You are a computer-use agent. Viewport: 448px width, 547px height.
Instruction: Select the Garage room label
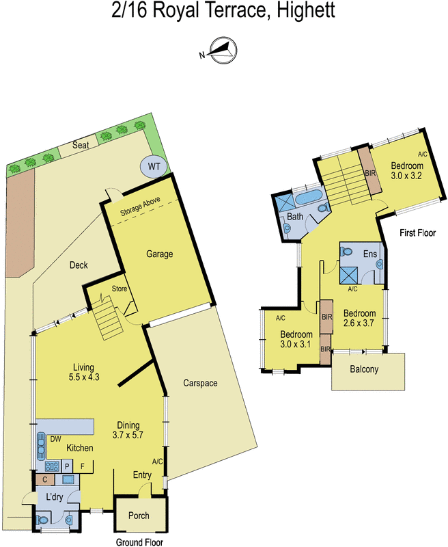pyautogui.click(x=159, y=254)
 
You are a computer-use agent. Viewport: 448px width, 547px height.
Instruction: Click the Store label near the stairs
pyautogui.click(x=120, y=289)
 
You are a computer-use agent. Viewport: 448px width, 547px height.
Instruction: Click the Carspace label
pyautogui.click(x=200, y=384)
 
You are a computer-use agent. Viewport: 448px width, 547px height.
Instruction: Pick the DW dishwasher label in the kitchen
pyautogui.click(x=55, y=440)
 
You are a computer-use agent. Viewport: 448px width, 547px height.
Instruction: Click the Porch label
pyautogui.click(x=138, y=516)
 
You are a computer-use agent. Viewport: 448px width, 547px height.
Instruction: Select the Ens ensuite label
pyautogui.click(x=369, y=254)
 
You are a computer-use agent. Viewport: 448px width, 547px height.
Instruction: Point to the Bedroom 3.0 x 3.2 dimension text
pyautogui.click(x=407, y=171)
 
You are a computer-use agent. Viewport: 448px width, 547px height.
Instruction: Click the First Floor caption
pyautogui.click(x=417, y=233)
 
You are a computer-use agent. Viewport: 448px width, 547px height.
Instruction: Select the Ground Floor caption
pyautogui.click(x=140, y=540)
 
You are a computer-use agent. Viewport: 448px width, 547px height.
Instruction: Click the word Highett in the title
pyautogui.click(x=304, y=12)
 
